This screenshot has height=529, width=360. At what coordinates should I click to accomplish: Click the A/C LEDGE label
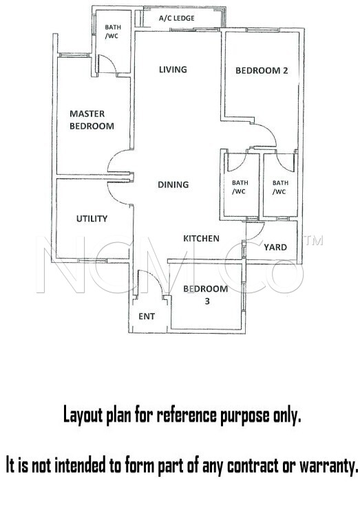point(177,18)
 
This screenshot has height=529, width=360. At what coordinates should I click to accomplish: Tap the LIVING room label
point(173,69)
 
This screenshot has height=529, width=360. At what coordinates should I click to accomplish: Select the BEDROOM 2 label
point(262,71)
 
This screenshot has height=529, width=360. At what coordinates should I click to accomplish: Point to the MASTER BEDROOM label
point(92,120)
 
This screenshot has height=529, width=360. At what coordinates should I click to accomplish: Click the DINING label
point(173,184)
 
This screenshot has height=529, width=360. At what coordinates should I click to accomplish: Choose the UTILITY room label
point(92,219)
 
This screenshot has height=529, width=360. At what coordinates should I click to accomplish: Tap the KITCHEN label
point(201,239)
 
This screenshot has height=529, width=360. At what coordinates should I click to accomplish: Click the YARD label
point(275,247)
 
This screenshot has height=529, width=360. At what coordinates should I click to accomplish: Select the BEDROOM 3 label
point(205,294)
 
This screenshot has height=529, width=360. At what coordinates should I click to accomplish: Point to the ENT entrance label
point(147,316)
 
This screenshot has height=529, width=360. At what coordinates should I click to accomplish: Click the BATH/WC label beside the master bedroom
point(113,32)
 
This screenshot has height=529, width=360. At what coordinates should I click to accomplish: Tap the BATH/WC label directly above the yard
point(280,187)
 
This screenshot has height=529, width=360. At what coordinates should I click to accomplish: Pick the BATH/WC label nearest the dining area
point(240,187)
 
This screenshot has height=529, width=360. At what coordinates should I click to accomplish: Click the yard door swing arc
point(260,233)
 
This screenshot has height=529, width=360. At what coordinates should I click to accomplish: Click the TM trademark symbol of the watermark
point(313,240)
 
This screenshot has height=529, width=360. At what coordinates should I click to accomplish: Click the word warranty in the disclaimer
point(328,466)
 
